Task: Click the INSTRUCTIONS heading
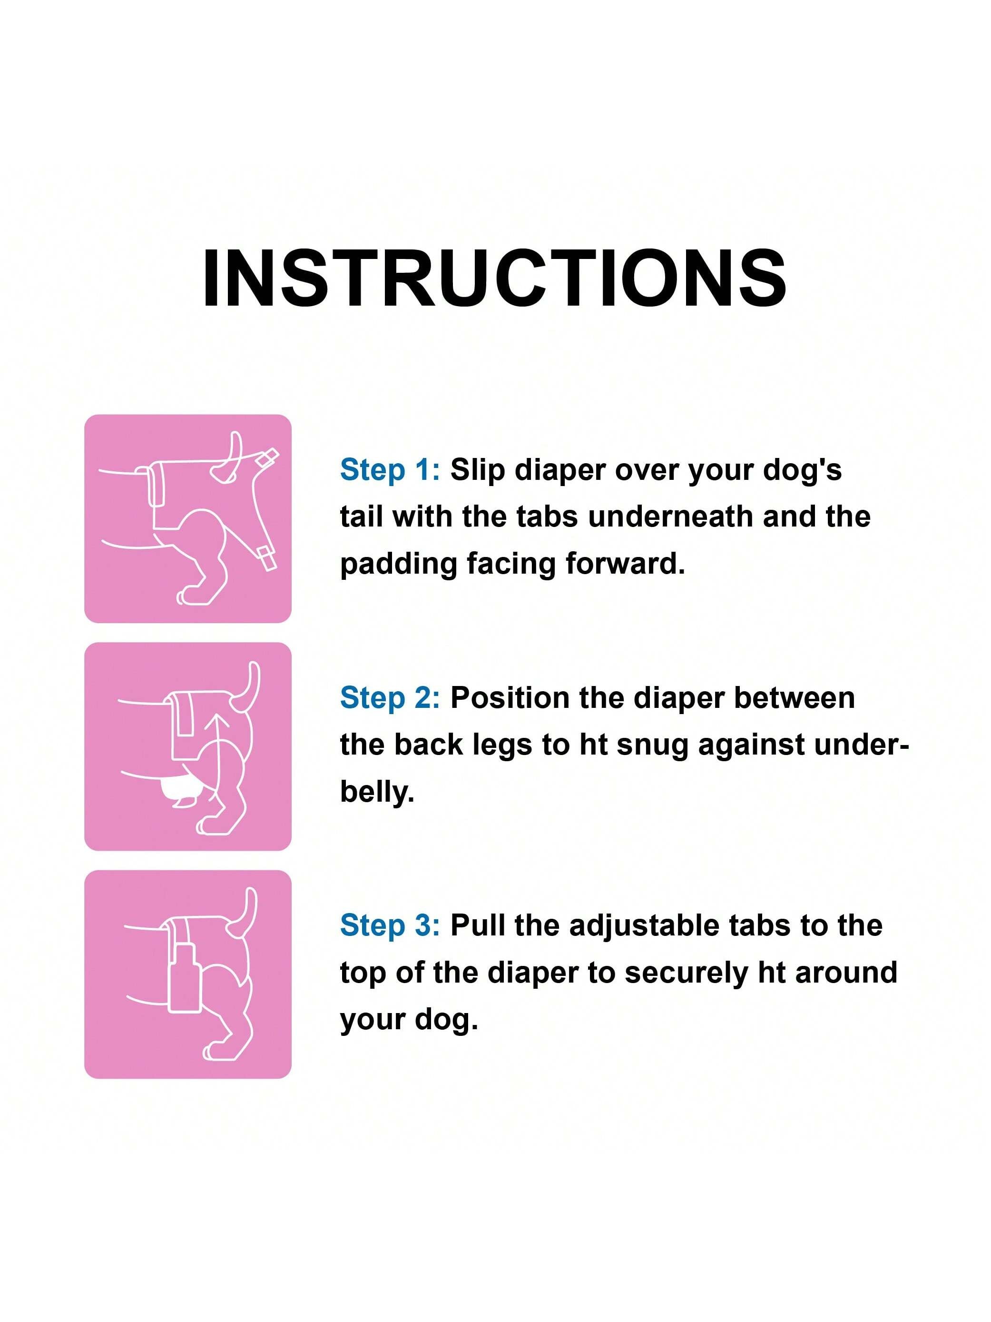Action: click(x=495, y=278)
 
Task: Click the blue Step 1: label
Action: click(x=390, y=470)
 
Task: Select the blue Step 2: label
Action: click(x=390, y=697)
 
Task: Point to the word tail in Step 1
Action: click(x=362, y=517)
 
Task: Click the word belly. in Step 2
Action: click(x=377, y=794)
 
